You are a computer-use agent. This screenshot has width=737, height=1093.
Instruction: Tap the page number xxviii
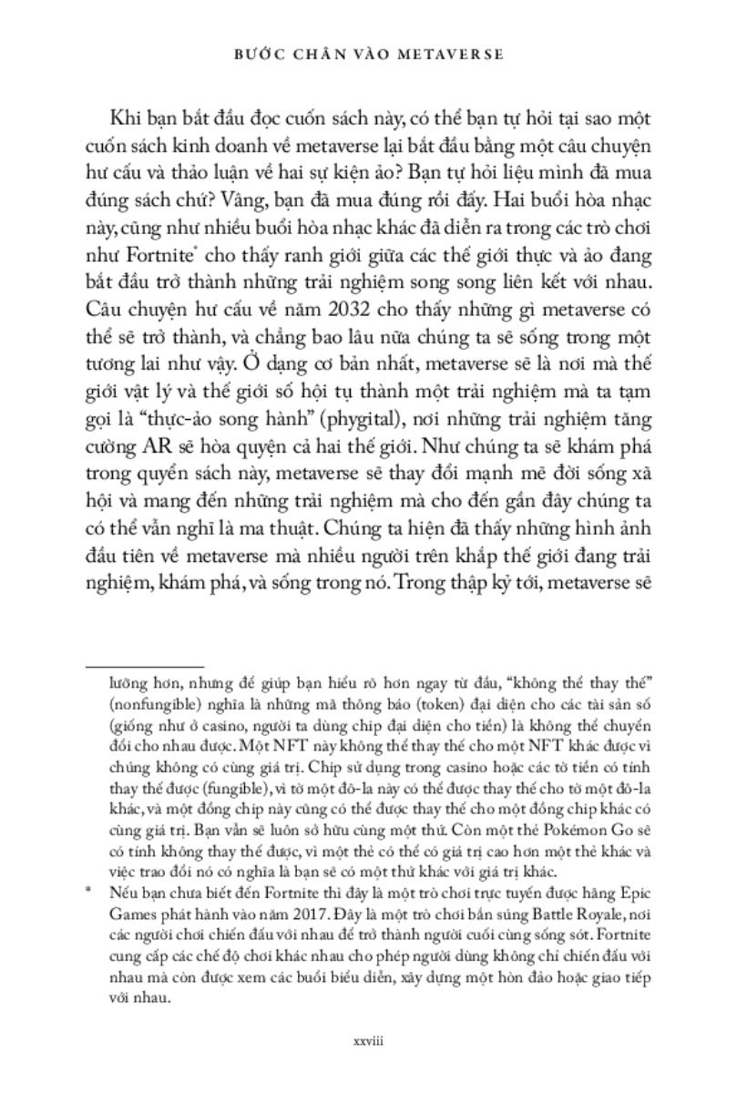(x=368, y=1039)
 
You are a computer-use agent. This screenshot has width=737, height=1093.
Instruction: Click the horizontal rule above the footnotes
(x=156, y=667)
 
